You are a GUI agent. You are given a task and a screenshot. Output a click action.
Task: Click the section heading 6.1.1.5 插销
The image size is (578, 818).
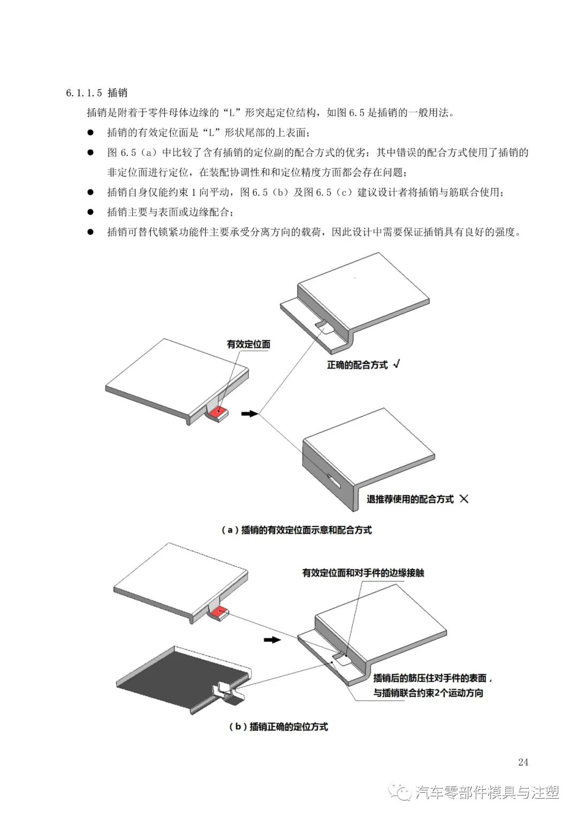(x=97, y=93)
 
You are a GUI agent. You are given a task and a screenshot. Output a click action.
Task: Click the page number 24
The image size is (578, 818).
(x=523, y=762)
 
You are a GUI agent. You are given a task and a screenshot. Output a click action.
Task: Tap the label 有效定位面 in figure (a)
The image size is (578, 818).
(x=248, y=344)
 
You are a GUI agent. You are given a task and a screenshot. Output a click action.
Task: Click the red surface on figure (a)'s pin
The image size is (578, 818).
(x=218, y=412)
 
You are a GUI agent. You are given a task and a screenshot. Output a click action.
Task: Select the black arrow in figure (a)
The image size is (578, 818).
(x=250, y=414)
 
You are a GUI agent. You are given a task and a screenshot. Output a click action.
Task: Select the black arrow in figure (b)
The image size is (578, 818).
(x=272, y=640)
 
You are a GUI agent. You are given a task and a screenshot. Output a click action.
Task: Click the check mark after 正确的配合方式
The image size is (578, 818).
(x=397, y=364)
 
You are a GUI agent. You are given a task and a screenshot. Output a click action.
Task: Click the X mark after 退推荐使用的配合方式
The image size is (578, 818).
(x=464, y=499)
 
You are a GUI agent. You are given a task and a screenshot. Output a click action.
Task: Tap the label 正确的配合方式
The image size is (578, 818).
(x=357, y=365)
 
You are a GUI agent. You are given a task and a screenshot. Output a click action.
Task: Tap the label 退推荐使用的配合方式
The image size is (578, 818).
(x=410, y=499)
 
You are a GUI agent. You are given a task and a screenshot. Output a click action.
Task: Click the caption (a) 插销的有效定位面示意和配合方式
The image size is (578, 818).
(x=296, y=530)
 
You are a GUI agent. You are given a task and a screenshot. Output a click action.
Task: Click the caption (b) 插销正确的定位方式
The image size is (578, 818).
(x=278, y=726)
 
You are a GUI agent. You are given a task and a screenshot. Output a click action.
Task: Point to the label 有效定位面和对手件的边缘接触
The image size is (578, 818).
(x=363, y=573)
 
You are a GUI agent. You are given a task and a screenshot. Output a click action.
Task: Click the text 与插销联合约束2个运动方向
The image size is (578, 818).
(x=428, y=693)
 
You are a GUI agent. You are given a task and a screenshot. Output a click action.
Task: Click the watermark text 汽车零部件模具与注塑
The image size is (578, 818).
(x=487, y=792)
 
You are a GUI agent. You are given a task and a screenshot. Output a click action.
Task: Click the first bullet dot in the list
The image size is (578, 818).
(x=90, y=132)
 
